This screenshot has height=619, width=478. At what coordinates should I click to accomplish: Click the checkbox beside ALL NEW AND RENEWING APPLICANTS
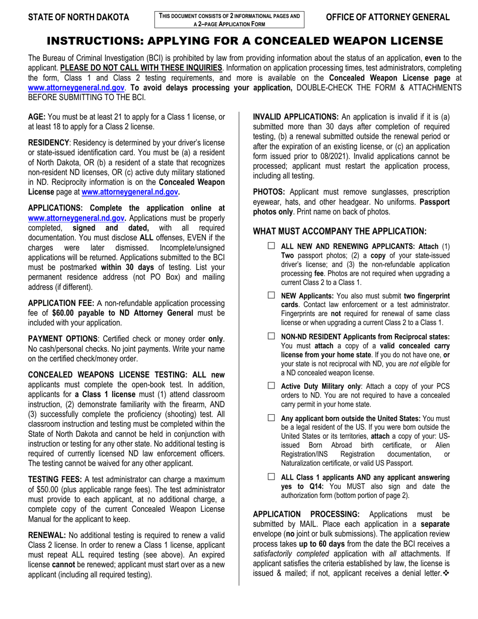pos(272,246)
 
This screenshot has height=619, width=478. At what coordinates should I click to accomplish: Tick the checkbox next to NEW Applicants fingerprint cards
pos(272,295)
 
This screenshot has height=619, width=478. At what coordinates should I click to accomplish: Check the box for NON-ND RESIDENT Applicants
pos(272,336)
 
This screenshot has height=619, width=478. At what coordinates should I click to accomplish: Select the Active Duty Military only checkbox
pos(272,385)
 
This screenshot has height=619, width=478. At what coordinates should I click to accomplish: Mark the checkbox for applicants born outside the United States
pos(272,418)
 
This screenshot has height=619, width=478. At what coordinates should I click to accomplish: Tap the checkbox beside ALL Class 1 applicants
pos(272,476)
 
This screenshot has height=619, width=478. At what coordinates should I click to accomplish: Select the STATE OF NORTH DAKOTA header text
pos(78,18)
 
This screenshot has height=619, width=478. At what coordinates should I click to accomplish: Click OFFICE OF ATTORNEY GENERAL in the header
pos(388,18)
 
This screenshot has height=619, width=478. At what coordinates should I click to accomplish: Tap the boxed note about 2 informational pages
pos(229,20)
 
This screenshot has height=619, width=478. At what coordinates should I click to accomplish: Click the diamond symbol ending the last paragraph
pos(444,574)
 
